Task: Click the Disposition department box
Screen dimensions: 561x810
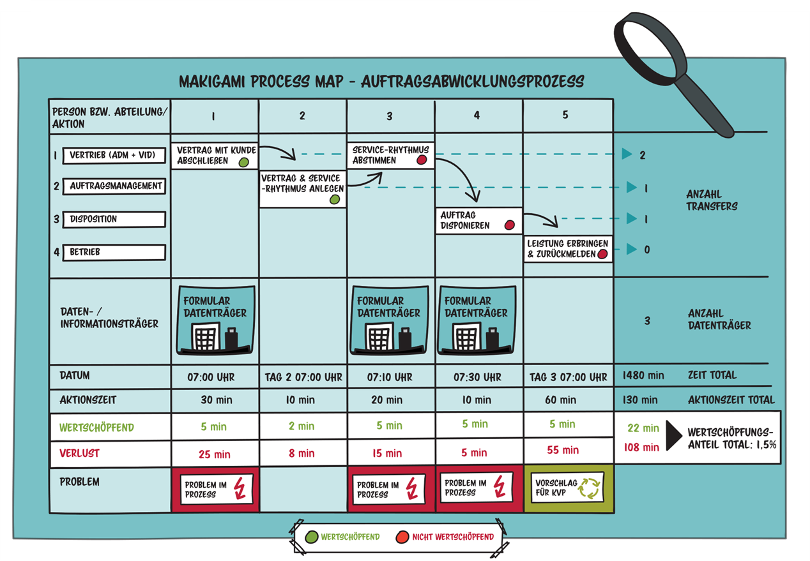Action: [x=114, y=219]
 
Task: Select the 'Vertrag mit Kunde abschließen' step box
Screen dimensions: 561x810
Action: [x=215, y=155]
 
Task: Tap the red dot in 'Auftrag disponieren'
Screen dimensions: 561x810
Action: [x=509, y=225]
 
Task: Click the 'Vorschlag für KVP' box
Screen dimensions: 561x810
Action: [x=567, y=488]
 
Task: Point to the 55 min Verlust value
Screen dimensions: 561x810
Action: [x=563, y=450]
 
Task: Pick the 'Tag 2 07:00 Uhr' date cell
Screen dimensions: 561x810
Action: [x=303, y=377]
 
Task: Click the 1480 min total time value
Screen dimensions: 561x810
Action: [x=643, y=375]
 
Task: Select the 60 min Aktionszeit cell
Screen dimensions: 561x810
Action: [x=560, y=400]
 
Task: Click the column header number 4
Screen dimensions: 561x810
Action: [x=477, y=116]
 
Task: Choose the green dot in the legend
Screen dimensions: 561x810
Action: [x=312, y=537]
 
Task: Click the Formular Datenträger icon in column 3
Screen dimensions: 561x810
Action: [x=389, y=320]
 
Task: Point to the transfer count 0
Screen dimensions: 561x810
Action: [x=647, y=250]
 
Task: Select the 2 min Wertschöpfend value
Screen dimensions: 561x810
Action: [x=302, y=426]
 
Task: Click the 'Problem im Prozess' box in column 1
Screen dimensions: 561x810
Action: [x=215, y=490]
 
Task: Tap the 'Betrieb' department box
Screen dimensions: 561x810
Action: [x=114, y=252]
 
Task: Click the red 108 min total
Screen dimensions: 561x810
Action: [x=641, y=447]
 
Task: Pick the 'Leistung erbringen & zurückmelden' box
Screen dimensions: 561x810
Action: [x=568, y=249]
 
